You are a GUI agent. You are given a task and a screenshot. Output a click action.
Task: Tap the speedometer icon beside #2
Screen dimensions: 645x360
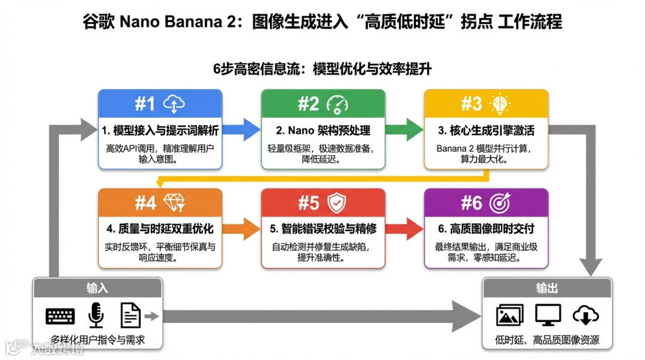337,104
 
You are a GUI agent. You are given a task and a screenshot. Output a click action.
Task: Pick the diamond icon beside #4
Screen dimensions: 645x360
174,203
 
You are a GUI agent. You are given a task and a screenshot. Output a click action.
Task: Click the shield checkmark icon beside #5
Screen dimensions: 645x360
337,203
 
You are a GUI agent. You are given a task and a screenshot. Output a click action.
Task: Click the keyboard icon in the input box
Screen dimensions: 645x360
60,316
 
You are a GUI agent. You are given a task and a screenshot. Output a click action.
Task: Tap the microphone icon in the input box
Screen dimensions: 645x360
96,315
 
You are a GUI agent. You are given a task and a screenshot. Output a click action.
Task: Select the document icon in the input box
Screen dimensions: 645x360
130,315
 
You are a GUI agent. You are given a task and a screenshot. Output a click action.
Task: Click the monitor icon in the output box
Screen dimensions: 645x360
547,315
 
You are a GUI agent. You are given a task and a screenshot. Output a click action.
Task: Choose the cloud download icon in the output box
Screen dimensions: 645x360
585,315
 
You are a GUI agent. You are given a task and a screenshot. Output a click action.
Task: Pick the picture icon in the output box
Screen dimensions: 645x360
509,315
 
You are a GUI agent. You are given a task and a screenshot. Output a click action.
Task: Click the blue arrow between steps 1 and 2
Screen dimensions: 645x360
241,128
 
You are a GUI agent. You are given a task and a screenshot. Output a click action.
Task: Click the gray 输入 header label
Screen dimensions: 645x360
97,288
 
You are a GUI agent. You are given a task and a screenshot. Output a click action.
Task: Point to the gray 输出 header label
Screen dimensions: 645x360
546,288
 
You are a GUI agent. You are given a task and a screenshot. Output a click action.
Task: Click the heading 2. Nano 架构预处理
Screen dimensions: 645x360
323,130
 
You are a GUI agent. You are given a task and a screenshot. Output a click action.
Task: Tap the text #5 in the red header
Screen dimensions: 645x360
309,203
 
